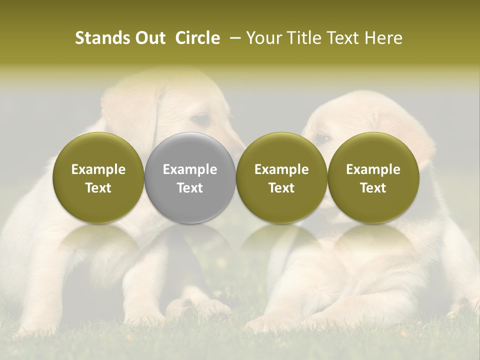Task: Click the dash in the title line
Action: click(x=233, y=38)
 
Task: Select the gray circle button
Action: click(x=190, y=177)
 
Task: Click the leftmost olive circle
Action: click(x=98, y=177)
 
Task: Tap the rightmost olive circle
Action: click(x=373, y=177)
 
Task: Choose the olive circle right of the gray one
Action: click(x=281, y=177)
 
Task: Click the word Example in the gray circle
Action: click(x=190, y=169)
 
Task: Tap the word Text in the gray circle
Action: click(x=190, y=188)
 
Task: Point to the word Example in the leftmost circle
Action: click(x=98, y=169)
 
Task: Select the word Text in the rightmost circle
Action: click(x=373, y=188)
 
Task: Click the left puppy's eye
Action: click(x=202, y=119)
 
